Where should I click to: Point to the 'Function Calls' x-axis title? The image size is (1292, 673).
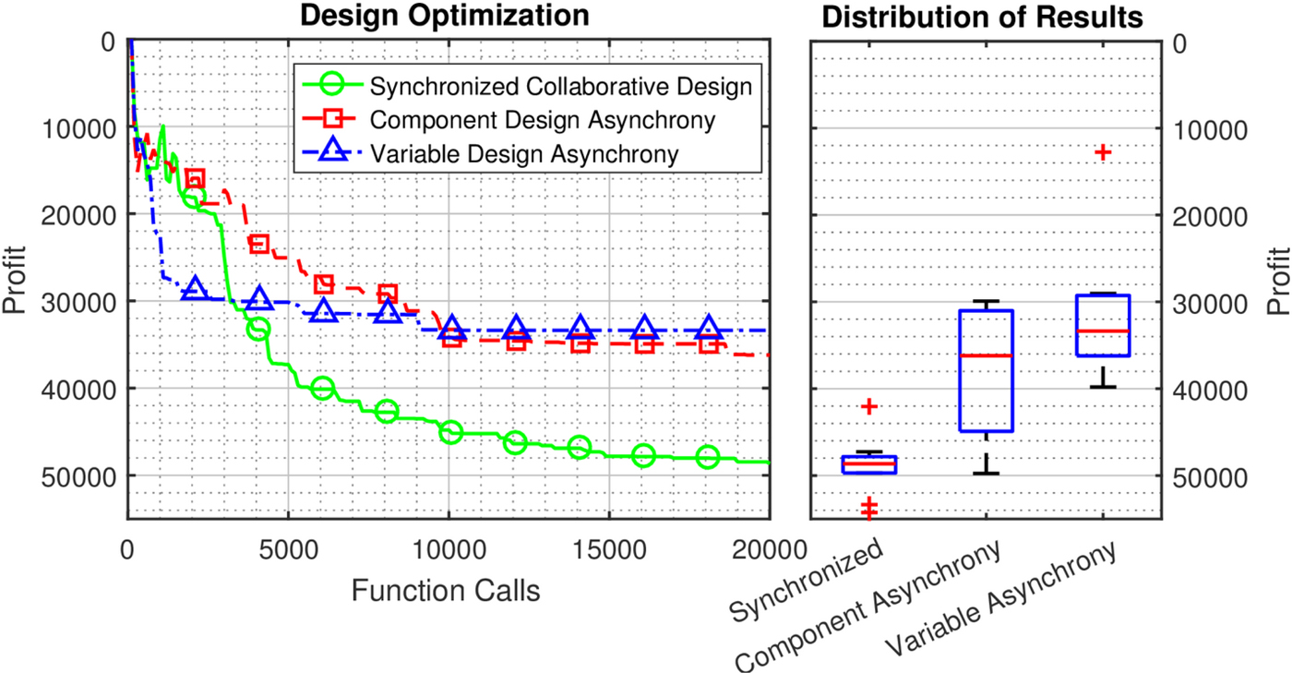coord(446,591)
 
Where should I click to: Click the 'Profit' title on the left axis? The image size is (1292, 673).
coord(16,279)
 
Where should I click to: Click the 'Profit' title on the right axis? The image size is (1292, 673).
coord(1277,279)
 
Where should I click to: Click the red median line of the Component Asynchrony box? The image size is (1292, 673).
coord(987,355)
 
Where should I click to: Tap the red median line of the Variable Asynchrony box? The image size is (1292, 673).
coord(1103,330)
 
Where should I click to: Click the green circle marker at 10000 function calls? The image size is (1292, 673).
coord(451,431)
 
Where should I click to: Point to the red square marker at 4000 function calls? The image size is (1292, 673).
coord(259,244)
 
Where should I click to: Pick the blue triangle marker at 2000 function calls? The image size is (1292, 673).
coord(195,289)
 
